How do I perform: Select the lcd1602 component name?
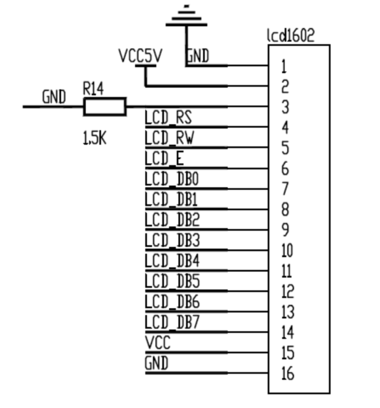click(291, 36)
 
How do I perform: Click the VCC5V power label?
click(140, 55)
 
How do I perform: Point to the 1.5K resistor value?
click(94, 137)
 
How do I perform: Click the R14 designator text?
click(93, 88)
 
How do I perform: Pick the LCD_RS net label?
click(168, 117)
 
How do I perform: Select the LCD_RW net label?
click(169, 137)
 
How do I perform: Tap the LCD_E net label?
click(164, 158)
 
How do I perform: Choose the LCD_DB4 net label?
click(172, 260)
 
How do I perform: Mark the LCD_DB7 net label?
click(172, 322)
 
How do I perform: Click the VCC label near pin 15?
click(158, 342)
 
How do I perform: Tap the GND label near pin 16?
click(157, 363)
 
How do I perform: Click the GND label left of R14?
click(54, 97)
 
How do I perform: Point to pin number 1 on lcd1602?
click(285, 66)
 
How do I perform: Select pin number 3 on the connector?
click(285, 107)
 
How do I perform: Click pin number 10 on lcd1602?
click(287, 251)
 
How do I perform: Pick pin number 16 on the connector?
click(288, 374)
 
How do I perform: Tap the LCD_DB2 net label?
click(172, 220)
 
